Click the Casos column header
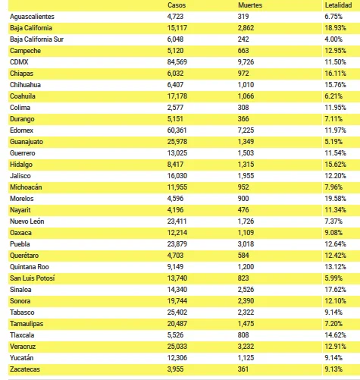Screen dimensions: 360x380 (177, 5)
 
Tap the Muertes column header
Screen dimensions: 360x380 (250, 5)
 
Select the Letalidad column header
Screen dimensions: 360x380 (338, 5)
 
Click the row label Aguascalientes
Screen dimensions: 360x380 (32, 17)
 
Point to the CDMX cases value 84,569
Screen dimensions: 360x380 (177, 62)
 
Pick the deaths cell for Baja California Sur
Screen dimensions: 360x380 (243, 39)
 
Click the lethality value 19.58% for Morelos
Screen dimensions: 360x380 (335, 199)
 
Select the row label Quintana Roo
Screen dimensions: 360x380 (30, 267)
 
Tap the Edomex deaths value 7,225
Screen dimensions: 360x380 (246, 130)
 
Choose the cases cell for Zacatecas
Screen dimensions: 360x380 (175, 369)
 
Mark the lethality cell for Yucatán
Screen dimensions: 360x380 (333, 358)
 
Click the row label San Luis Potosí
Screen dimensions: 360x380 (33, 278)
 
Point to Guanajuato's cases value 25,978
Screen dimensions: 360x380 (177, 142)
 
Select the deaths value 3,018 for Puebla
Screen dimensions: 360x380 (246, 244)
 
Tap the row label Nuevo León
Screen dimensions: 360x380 (27, 221)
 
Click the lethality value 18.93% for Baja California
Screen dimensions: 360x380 (335, 28)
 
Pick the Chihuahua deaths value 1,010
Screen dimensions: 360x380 (246, 85)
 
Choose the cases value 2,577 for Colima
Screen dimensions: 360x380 (175, 108)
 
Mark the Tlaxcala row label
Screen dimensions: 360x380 (22, 335)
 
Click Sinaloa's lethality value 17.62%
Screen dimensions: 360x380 (335, 290)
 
